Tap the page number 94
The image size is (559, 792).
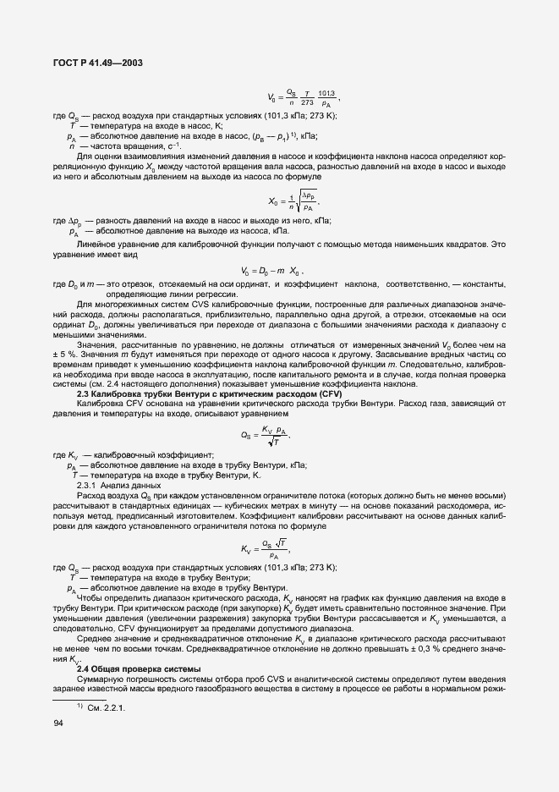[x=58, y=722]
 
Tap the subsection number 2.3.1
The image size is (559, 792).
[x=87, y=486]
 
